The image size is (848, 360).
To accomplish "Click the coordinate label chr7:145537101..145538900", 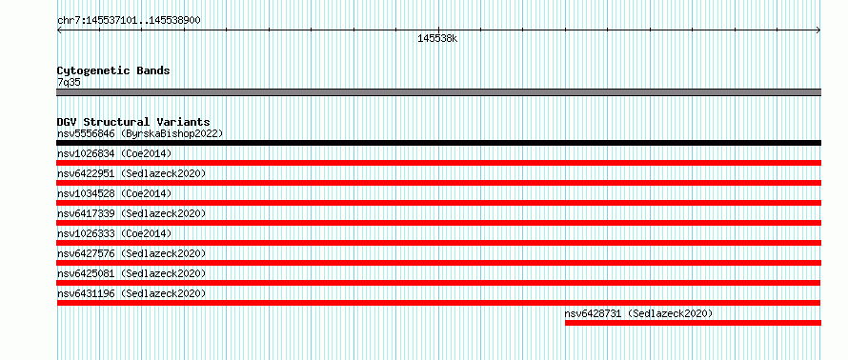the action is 129,21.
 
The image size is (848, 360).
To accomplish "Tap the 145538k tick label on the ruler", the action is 437,39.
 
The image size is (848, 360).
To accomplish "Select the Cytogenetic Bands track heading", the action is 113,70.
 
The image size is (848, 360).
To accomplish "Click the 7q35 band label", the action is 70,83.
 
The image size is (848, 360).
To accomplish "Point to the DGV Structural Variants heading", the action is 133,122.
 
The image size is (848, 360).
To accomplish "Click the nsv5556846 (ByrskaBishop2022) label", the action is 140,133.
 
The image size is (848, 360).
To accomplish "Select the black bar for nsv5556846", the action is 438,143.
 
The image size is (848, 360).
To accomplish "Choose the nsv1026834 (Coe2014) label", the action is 114,153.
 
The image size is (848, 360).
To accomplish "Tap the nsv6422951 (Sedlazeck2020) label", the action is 131,173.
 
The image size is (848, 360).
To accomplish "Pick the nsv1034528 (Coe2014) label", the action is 114,193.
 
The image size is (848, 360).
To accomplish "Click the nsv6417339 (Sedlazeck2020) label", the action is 131,213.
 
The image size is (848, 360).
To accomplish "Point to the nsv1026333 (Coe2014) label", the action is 114,233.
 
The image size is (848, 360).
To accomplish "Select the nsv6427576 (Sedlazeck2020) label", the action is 131,253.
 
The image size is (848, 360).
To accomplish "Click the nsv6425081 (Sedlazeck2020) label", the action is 131,273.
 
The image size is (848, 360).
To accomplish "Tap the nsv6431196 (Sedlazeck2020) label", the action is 131,293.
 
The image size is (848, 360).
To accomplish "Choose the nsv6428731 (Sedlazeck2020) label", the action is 638,313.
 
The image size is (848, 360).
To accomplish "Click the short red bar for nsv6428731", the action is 693,323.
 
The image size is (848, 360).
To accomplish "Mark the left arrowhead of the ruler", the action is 59,30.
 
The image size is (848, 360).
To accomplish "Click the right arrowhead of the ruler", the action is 818,30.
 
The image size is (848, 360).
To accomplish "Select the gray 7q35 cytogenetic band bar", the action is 438,92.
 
